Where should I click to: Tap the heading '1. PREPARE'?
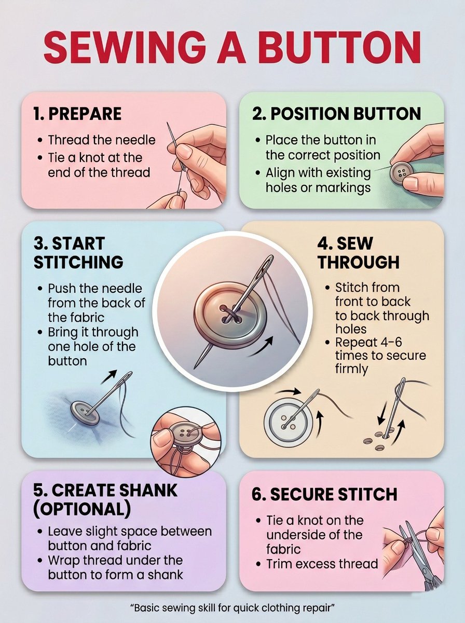tap(77, 114)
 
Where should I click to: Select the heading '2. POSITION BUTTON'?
tap(336, 114)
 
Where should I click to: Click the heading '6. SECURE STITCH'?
tap(324, 494)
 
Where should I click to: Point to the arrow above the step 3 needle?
tap(109, 376)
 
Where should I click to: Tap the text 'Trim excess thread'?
tap(322, 564)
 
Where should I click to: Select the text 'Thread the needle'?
tap(102, 140)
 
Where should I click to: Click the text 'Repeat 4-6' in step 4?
tap(368, 342)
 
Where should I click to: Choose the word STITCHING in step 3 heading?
tap(78, 262)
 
